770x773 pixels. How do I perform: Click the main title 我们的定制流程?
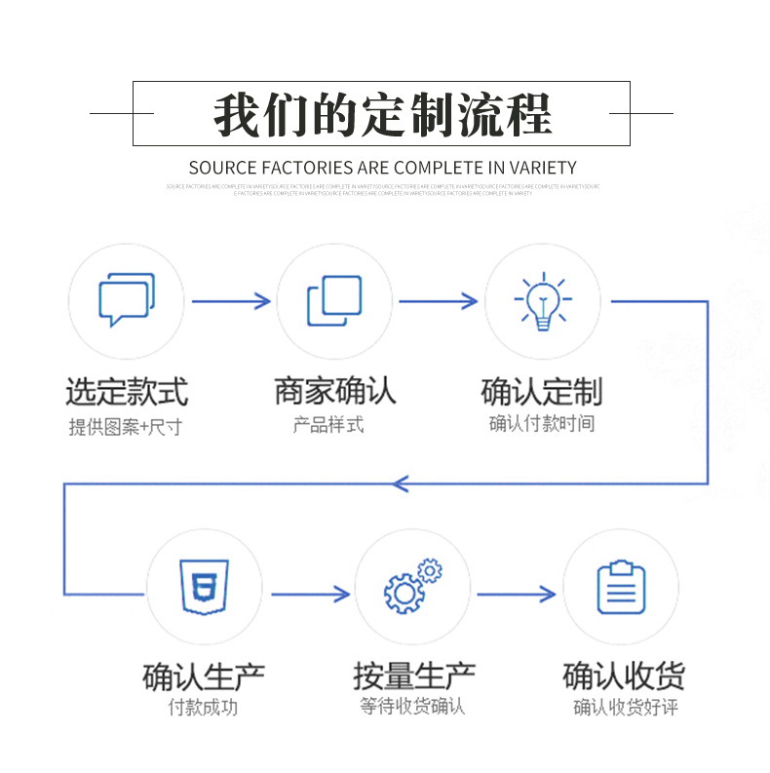(x=382, y=114)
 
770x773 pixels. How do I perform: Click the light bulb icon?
(x=542, y=301)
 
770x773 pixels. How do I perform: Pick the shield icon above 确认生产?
(x=204, y=587)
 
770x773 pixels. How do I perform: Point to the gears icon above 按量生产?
(x=412, y=587)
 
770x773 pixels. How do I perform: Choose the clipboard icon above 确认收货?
(x=621, y=587)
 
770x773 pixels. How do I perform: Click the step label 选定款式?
(x=127, y=392)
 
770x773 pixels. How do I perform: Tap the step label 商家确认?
(x=334, y=391)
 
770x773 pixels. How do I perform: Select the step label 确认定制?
(x=542, y=392)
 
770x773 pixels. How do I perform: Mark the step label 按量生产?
(x=413, y=676)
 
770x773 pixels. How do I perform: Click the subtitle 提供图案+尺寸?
(x=125, y=426)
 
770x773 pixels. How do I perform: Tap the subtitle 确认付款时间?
(x=542, y=424)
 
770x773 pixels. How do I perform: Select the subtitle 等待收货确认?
(x=412, y=707)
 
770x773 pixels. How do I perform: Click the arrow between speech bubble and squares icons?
(x=231, y=301)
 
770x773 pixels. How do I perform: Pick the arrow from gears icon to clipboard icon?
(x=518, y=594)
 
